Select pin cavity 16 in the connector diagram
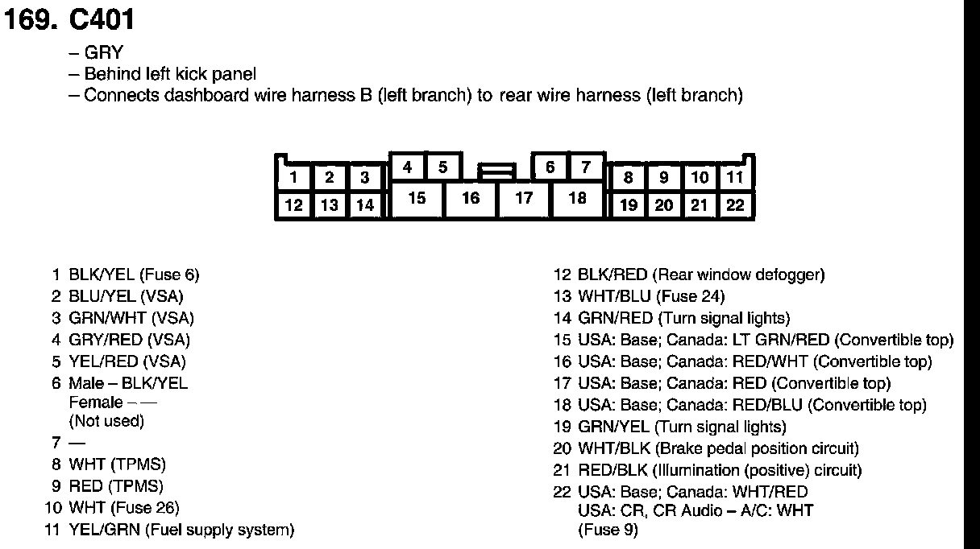(x=471, y=197)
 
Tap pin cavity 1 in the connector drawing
(x=294, y=178)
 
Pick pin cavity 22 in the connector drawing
(x=735, y=205)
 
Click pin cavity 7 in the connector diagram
(x=586, y=167)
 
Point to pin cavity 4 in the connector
(x=408, y=167)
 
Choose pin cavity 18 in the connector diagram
(x=577, y=197)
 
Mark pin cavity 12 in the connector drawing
(x=294, y=205)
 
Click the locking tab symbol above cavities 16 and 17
(x=496, y=171)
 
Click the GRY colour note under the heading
(x=103, y=53)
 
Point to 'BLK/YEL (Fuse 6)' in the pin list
(x=134, y=274)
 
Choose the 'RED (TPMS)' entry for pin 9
(x=116, y=486)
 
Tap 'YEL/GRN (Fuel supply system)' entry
(x=181, y=530)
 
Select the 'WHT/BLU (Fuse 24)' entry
(x=651, y=296)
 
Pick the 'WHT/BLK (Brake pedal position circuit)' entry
(x=718, y=448)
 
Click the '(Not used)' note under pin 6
(x=106, y=421)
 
